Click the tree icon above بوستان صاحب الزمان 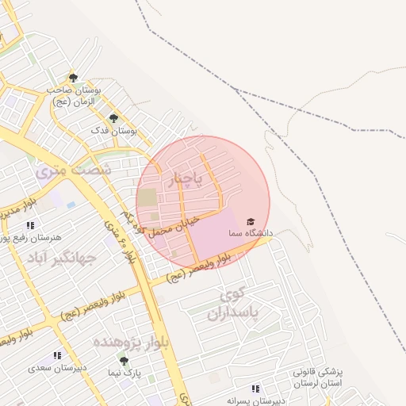click(74, 78)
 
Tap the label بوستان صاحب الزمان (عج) click(74, 96)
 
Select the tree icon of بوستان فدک click(113, 118)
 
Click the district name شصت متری click(74, 169)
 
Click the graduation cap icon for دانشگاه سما click(251, 221)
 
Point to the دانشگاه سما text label click(250, 234)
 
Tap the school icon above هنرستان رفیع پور click(30, 225)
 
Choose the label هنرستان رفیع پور click(29, 237)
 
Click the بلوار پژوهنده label click(128, 342)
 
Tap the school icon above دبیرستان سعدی click(57, 356)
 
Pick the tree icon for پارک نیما click(124, 359)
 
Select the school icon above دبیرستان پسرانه click(255, 389)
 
